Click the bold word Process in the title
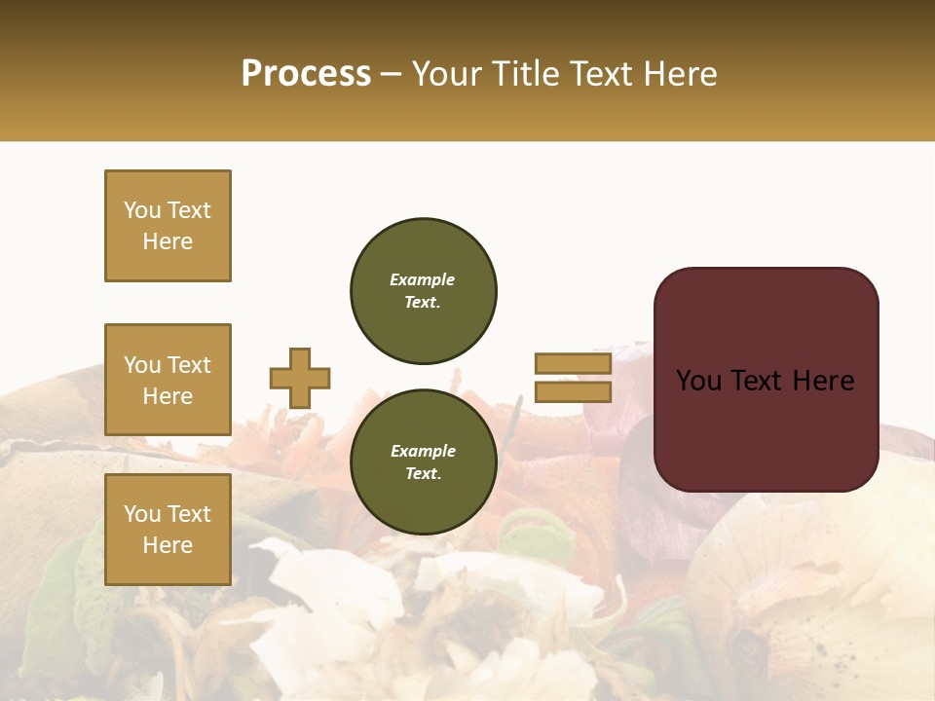coord(306,74)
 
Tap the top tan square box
coord(168,226)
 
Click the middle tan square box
coord(168,380)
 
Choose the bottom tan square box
coord(168,530)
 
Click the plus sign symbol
coord(300,378)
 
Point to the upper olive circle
coord(424,290)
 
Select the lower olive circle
coord(424,461)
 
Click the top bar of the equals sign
coord(574,364)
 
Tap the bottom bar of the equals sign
coord(574,391)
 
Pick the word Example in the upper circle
coord(423,279)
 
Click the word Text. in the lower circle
coord(423,474)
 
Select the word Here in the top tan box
coord(168,241)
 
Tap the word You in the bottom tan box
coord(142,514)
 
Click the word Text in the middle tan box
coord(189,365)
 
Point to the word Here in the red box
coord(823,381)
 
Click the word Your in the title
coord(447,74)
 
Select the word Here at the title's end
coord(681,74)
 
